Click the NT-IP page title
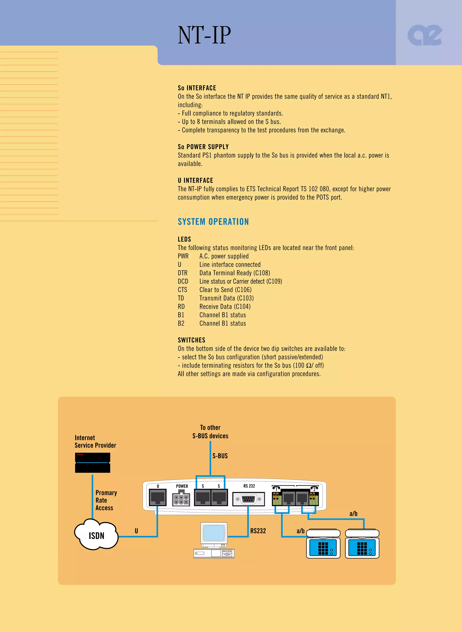pyautogui.click(x=204, y=35)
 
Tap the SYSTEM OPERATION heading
pyautogui.click(x=213, y=222)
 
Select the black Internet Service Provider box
pyautogui.click(x=92, y=463)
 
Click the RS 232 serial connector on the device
pyautogui.click(x=248, y=499)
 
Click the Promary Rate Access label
pyautogui.click(x=106, y=500)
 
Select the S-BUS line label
pyautogui.click(x=220, y=456)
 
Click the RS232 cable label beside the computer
pyautogui.click(x=258, y=531)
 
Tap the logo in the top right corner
pyautogui.click(x=425, y=35)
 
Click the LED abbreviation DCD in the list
pyautogui.click(x=183, y=281)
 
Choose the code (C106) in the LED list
pyautogui.click(x=243, y=290)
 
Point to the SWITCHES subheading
pyautogui.click(x=192, y=340)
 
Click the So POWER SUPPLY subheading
pyautogui.click(x=203, y=147)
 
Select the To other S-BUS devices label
pyautogui.click(x=210, y=432)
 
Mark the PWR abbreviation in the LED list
pyautogui.click(x=183, y=256)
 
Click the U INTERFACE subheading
pyautogui.click(x=196, y=180)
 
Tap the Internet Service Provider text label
pyautogui.click(x=95, y=442)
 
